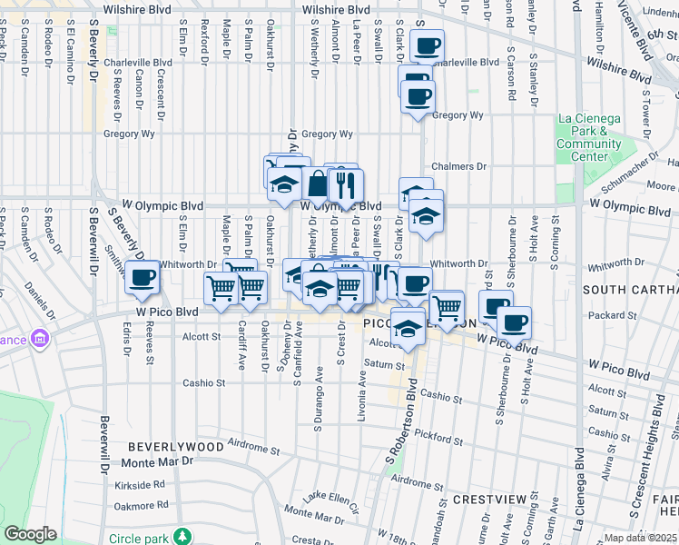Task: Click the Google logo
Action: click(31, 534)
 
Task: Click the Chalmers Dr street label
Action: click(459, 167)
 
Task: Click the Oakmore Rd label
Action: click(141, 505)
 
